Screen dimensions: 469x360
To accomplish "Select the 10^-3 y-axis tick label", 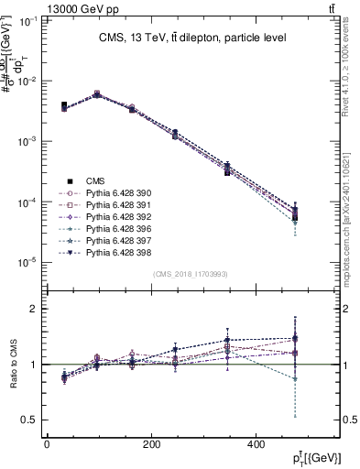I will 27,142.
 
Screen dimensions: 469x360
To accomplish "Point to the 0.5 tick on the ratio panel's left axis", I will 30,420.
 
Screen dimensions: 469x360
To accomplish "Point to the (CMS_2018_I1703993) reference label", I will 191,274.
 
